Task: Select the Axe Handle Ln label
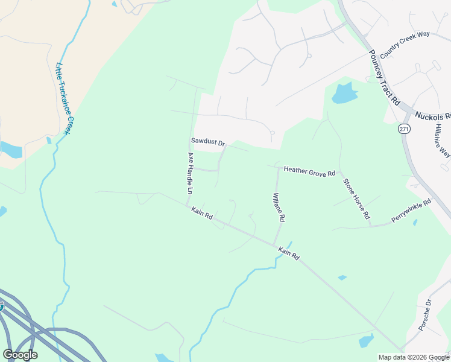point(191,173)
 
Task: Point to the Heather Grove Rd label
point(309,173)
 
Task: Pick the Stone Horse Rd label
point(356,198)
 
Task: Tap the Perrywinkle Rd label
point(411,210)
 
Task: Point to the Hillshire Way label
point(442,141)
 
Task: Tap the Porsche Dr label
point(424,314)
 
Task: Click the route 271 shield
point(403,129)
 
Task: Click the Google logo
point(20,355)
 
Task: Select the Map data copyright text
point(413,357)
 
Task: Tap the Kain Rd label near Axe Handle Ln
point(202,213)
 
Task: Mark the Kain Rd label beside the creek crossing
point(288,253)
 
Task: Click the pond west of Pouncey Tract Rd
point(344,93)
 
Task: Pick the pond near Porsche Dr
point(366,341)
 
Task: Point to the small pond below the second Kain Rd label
point(342,278)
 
